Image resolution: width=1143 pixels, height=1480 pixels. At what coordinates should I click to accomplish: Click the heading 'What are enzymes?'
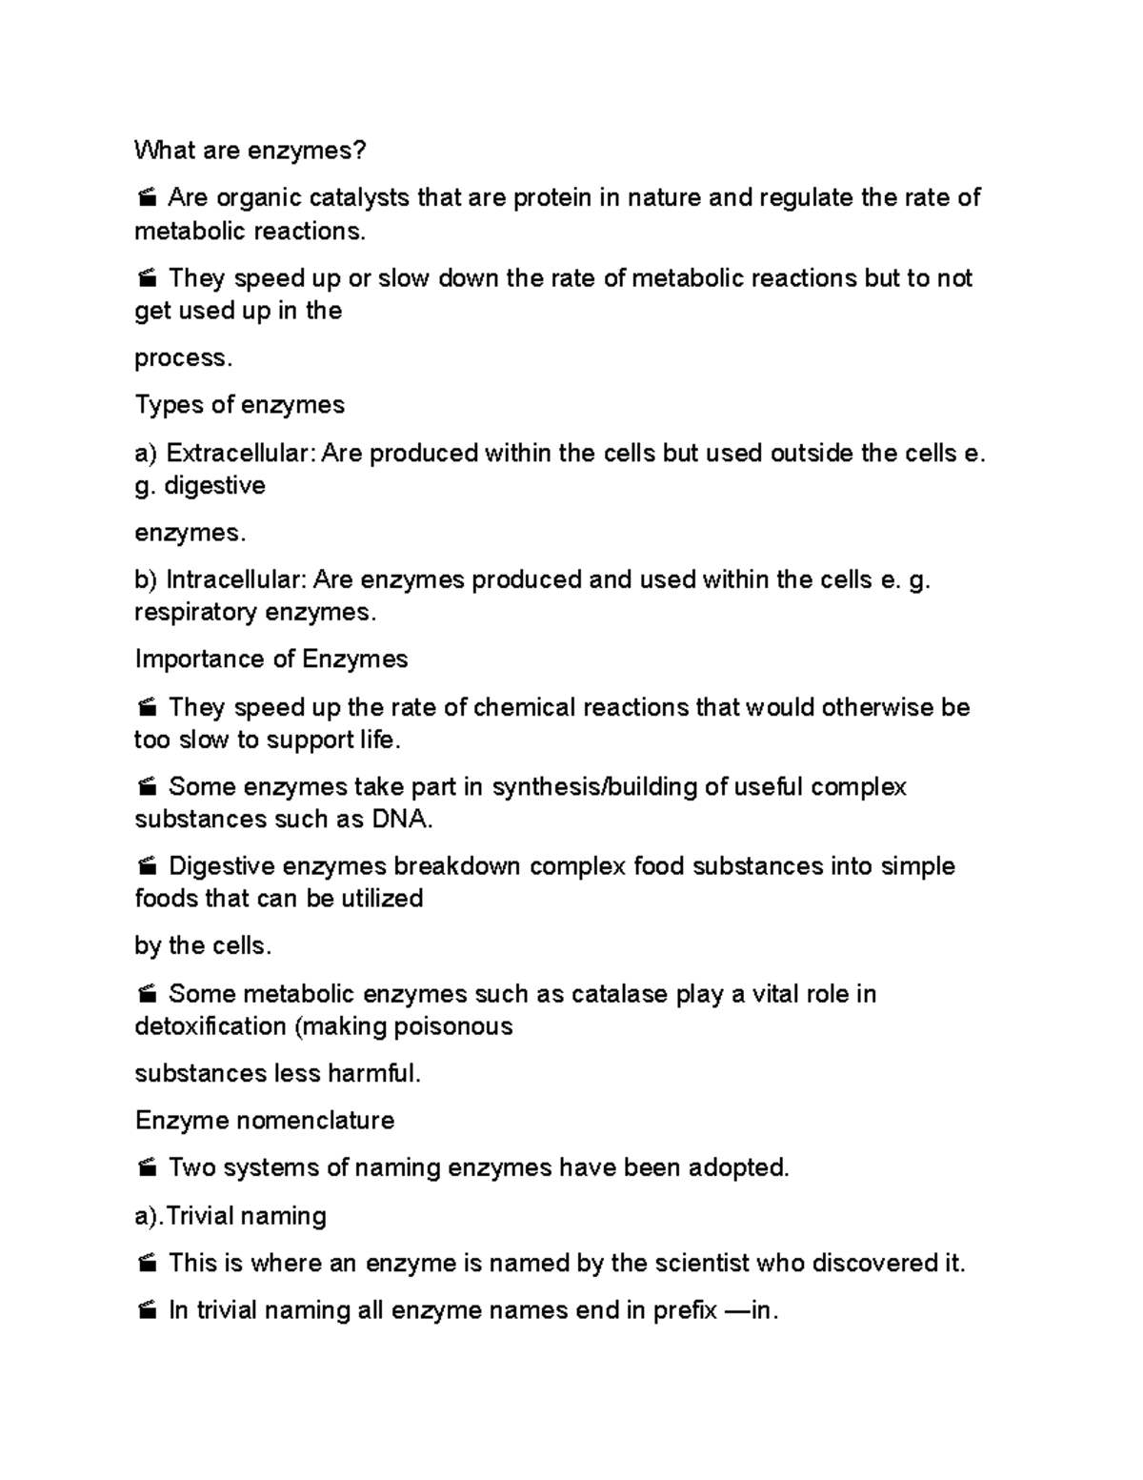[250, 151]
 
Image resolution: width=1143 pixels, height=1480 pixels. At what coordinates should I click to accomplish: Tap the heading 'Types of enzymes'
[239, 405]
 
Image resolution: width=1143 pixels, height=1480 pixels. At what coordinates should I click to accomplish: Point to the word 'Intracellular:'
[236, 580]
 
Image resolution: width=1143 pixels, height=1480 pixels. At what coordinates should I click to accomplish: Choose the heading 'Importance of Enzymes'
[271, 659]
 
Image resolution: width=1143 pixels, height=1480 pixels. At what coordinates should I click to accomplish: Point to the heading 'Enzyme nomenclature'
[264, 1121]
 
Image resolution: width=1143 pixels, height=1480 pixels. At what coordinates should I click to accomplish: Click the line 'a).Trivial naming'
[231, 1216]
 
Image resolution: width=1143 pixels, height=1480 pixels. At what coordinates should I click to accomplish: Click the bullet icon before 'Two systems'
[147, 1168]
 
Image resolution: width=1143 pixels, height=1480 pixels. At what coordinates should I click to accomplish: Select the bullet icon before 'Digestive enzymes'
[147, 867]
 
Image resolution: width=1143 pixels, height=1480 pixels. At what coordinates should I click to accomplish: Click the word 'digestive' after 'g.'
[214, 486]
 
